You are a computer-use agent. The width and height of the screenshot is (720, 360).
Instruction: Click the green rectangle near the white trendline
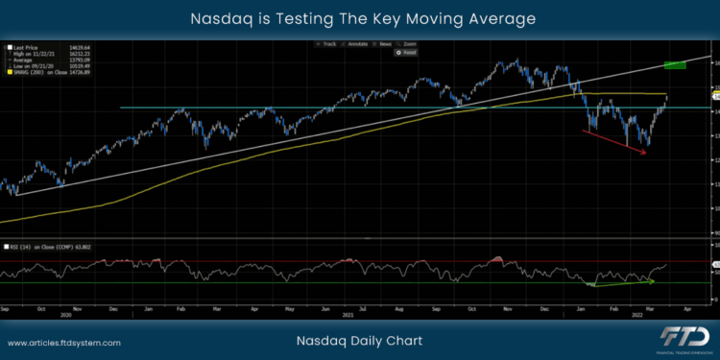(674, 64)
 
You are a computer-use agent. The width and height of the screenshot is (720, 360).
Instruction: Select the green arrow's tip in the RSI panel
(655, 280)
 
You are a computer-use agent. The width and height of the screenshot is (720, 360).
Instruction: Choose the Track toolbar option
(329, 44)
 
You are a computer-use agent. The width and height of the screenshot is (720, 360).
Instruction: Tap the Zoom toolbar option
(410, 44)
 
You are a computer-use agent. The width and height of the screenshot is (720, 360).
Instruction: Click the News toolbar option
(384, 44)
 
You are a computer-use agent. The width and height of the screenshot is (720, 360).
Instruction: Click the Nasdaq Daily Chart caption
(360, 341)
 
